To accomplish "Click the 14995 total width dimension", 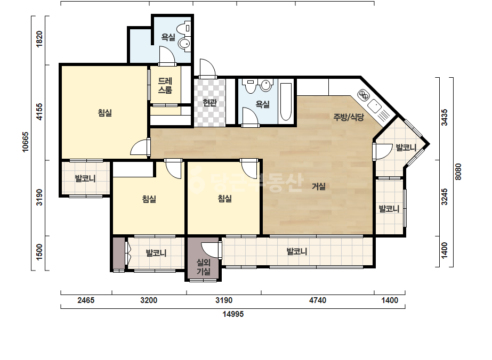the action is click(233, 314).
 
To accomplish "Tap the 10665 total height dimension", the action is click(26, 142).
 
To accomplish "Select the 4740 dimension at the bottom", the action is click(318, 300).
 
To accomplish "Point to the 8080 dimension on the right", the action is click(458, 171).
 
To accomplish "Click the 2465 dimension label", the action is click(86, 300).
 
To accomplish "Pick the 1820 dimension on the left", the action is click(39, 39).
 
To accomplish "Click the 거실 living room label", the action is click(318, 186).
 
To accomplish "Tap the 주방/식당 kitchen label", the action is click(348, 117).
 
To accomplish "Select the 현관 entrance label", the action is click(209, 103).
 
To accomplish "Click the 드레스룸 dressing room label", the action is click(165, 86).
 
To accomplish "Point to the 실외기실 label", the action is click(203, 267).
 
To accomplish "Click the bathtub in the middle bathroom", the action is click(286, 102).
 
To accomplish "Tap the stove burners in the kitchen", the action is click(364, 95).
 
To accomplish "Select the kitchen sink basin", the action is click(374, 106).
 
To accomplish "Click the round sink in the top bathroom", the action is click(183, 44).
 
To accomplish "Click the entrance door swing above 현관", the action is click(207, 68).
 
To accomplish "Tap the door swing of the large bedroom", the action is click(139, 148).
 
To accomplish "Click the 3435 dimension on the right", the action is click(445, 118).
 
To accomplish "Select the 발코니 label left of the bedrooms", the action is click(85, 179).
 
